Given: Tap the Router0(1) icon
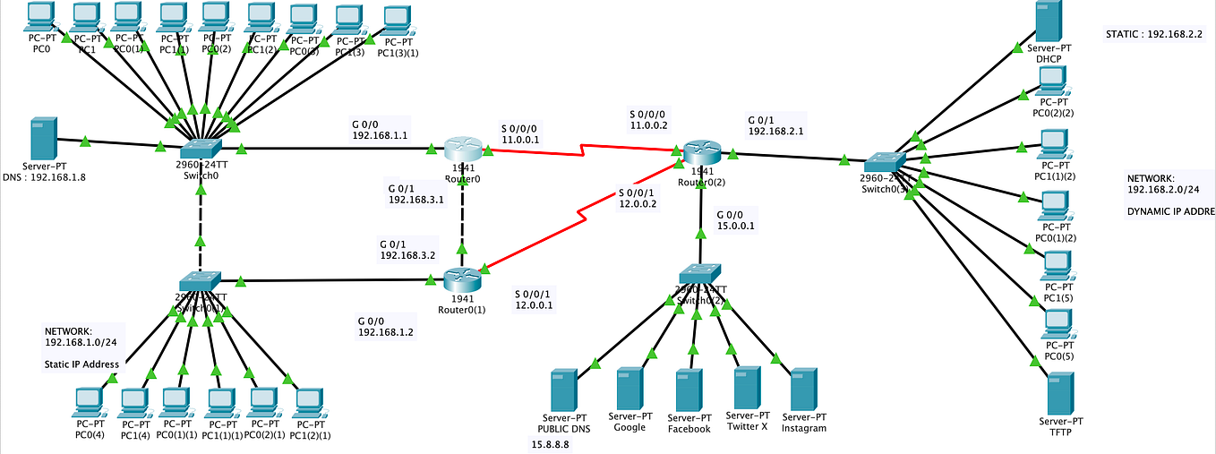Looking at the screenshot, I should (x=462, y=280).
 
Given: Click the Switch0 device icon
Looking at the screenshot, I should (x=200, y=149).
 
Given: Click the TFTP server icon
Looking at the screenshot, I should (x=1060, y=394).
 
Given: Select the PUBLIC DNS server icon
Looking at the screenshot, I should (x=563, y=390).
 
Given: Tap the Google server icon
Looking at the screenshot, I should (x=630, y=388).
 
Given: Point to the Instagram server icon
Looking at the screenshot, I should (x=802, y=389).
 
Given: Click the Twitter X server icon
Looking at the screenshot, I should (x=747, y=388).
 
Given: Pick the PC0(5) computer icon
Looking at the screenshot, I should (x=1059, y=324).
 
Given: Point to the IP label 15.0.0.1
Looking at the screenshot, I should (x=736, y=226).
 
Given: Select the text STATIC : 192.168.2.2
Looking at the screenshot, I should (x=1154, y=34).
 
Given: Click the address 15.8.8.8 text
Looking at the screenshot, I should (x=551, y=444).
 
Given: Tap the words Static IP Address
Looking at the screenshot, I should (x=81, y=364).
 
